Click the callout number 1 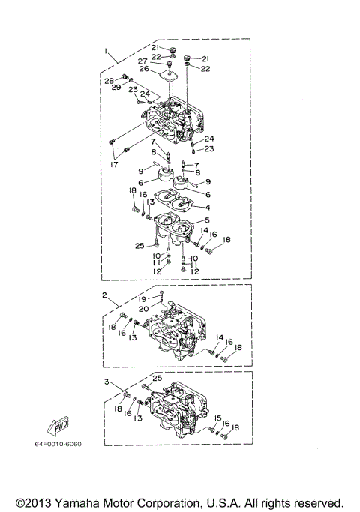tap(107, 52)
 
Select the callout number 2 tap(105, 296)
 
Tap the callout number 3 tap(107, 382)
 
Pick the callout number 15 tap(217, 418)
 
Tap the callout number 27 tap(142, 61)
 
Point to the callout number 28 tap(109, 80)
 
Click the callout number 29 tap(116, 88)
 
